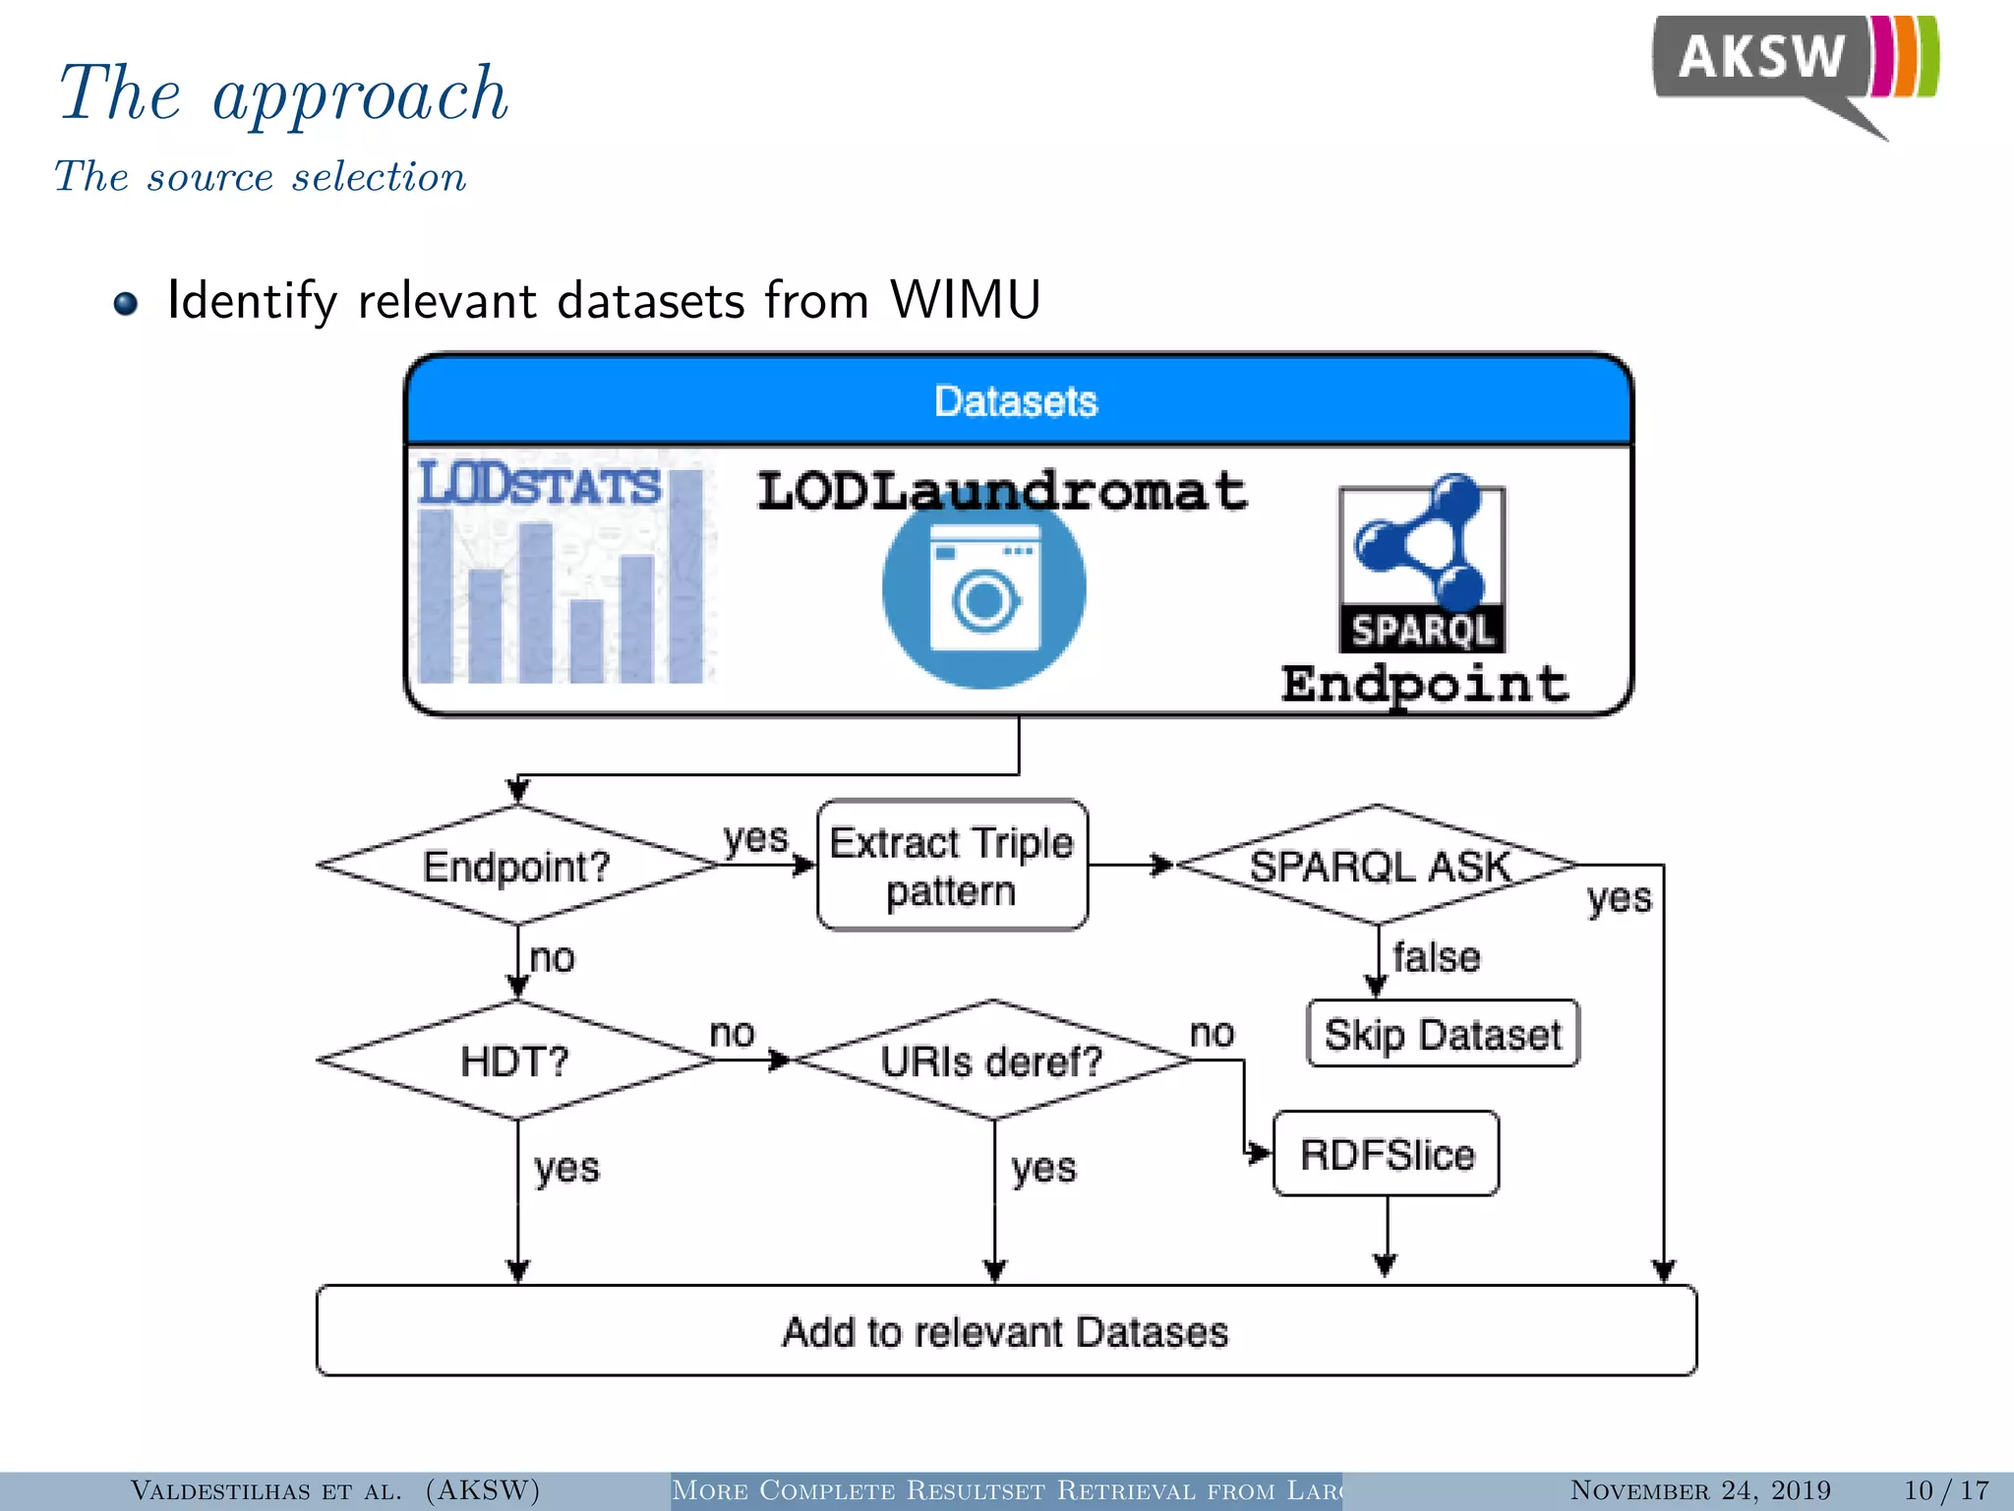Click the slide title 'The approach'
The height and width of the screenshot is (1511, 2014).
(283, 93)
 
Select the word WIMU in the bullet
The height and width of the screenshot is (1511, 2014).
(964, 300)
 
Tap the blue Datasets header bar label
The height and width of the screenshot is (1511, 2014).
(1016, 401)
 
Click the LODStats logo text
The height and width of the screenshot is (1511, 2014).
(539, 485)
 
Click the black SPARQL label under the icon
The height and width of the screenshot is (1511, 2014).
(1421, 630)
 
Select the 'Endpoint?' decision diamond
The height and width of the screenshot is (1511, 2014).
(517, 866)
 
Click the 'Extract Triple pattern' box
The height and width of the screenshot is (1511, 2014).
(952, 866)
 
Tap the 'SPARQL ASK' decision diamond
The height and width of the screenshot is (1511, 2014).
(1377, 866)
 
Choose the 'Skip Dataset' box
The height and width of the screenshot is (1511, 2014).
(1442, 1034)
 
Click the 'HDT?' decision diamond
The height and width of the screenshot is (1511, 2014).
(517, 1060)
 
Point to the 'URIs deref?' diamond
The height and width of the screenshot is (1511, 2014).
(992, 1060)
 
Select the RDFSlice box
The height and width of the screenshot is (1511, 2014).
(1386, 1154)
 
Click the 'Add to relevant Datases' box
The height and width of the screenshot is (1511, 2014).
(1005, 1331)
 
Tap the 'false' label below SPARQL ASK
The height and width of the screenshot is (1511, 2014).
(1436, 957)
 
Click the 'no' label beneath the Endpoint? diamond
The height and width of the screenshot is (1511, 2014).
(552, 957)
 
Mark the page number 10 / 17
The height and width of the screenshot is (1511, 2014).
(1945, 1490)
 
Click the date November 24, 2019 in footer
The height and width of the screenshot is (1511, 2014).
(1700, 1490)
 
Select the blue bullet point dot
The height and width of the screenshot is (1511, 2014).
(126, 303)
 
